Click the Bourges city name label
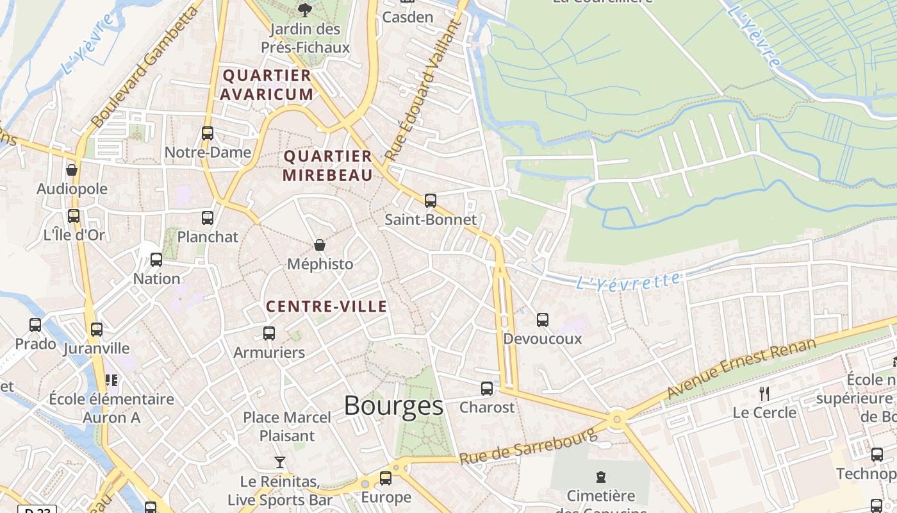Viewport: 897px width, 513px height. click(x=393, y=406)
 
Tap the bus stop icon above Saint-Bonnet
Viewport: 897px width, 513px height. click(x=431, y=200)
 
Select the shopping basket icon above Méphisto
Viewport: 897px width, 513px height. click(x=320, y=245)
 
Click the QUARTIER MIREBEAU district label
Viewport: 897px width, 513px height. click(x=327, y=165)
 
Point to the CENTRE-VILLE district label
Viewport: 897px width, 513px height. click(x=326, y=307)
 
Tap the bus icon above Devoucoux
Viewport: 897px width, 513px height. click(x=543, y=319)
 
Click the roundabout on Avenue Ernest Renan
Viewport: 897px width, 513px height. click(x=617, y=419)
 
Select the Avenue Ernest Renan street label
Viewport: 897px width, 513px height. click(x=741, y=367)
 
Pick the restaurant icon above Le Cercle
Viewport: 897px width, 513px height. click(x=764, y=393)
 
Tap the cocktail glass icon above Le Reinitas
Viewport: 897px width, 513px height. click(x=280, y=462)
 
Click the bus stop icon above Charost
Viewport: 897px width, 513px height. click(x=487, y=388)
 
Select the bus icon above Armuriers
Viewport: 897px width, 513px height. click(x=269, y=333)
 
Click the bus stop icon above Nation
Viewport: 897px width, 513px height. click(x=156, y=260)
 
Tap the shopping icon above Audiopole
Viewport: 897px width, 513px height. click(x=72, y=170)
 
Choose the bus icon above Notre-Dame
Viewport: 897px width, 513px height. click(x=208, y=133)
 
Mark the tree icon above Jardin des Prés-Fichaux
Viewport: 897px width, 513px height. click(x=305, y=9)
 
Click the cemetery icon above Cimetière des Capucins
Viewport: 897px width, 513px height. click(x=600, y=477)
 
